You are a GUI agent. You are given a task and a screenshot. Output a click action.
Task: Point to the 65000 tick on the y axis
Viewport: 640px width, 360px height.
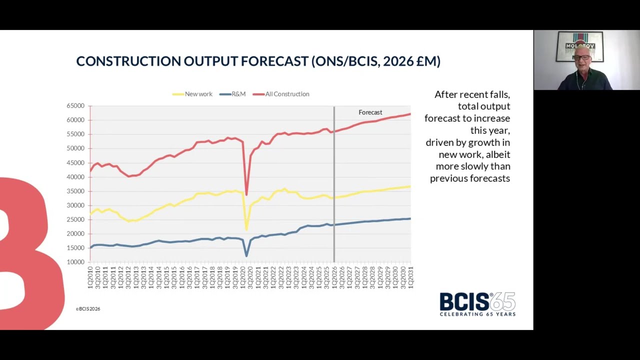(x=75, y=106)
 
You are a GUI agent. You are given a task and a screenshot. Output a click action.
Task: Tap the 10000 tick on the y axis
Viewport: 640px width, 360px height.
(x=75, y=262)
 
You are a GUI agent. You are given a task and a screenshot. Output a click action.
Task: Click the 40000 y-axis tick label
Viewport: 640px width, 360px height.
(x=75, y=177)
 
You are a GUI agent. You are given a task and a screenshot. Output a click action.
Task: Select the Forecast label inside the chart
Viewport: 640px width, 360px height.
(x=370, y=112)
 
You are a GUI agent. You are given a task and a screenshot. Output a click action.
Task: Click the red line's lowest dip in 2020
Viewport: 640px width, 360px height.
(x=246, y=194)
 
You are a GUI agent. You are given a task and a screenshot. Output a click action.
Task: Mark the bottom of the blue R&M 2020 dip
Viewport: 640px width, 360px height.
(x=246, y=255)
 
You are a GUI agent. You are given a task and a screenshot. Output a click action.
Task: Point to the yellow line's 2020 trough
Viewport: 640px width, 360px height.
(x=246, y=229)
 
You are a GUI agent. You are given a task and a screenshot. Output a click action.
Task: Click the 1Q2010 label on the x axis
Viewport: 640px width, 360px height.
(x=90, y=277)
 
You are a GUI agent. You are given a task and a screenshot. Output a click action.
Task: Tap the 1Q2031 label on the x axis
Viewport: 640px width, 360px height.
(x=410, y=277)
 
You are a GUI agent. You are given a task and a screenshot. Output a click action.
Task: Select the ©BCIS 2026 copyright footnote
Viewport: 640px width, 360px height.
(x=88, y=309)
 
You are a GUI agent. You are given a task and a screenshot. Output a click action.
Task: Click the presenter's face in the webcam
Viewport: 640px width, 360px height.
(x=582, y=59)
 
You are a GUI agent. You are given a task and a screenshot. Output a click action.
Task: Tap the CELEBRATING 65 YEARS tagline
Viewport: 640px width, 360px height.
(x=477, y=314)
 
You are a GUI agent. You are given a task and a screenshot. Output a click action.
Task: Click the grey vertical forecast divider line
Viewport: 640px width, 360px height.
(x=334, y=200)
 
